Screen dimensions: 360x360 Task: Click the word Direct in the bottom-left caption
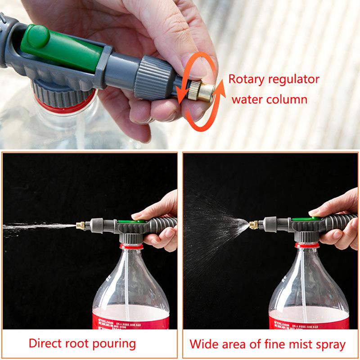point(48,344)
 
